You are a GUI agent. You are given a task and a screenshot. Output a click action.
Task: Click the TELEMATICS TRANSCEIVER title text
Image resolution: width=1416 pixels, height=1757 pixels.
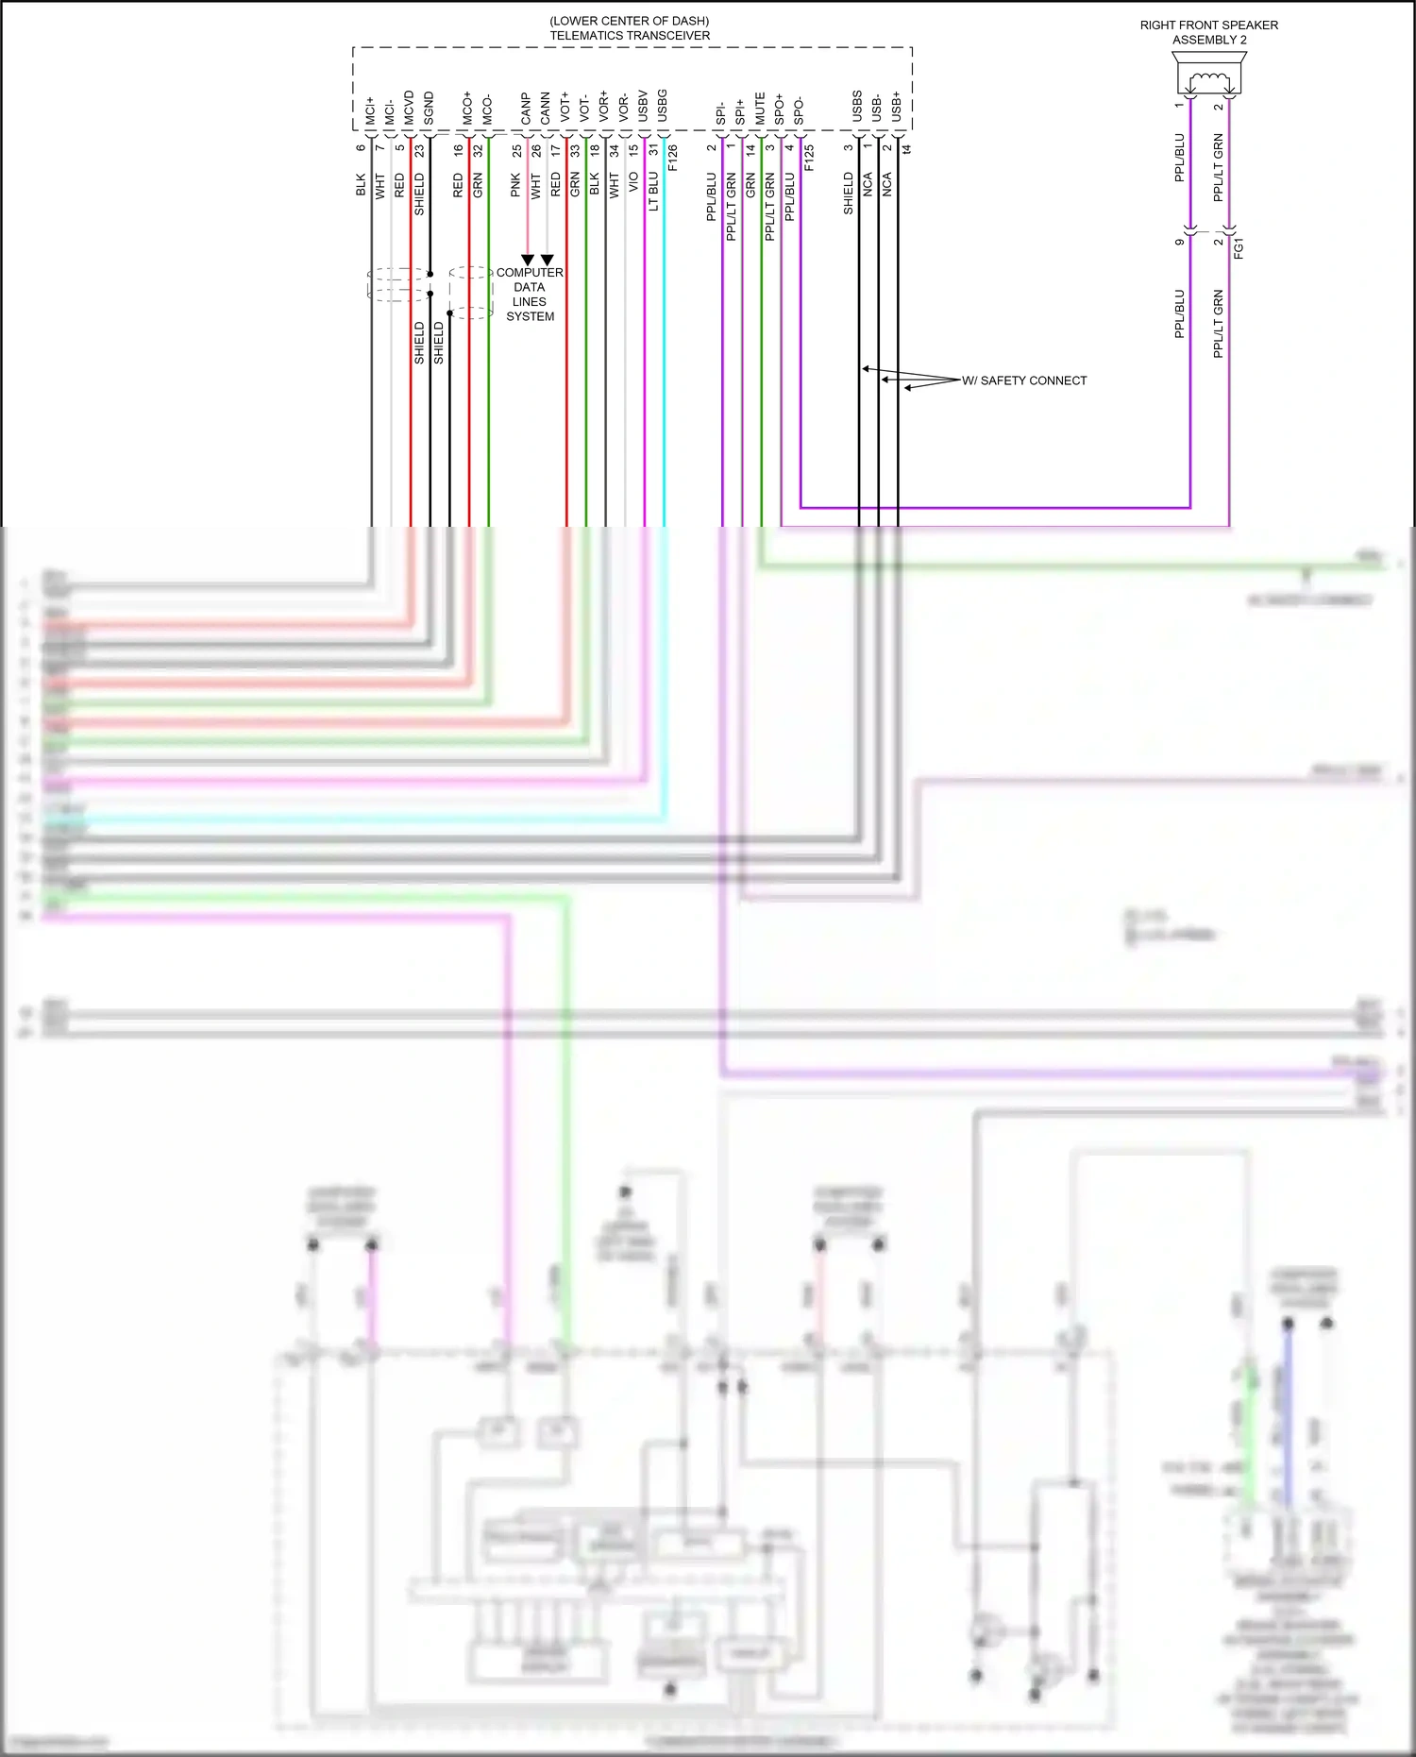coord(630,36)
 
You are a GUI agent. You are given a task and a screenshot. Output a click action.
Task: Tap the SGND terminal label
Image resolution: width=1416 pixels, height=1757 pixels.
coord(429,108)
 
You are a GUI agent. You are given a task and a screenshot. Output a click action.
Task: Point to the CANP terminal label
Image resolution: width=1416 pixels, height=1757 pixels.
coord(526,108)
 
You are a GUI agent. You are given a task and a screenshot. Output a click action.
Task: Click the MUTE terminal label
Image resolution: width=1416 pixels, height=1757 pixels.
coord(760,108)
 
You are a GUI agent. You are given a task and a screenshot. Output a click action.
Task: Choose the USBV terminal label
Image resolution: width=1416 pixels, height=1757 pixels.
coord(643,106)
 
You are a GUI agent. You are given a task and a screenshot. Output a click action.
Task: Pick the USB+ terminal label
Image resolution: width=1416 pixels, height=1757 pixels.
coord(896,106)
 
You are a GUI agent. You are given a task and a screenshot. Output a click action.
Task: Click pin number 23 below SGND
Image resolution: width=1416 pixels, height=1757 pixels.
coord(419,149)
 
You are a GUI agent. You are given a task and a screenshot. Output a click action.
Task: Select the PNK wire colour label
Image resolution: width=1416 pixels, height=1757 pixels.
coord(515,185)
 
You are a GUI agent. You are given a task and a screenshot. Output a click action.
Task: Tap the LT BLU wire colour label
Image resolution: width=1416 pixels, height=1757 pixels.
coord(653,192)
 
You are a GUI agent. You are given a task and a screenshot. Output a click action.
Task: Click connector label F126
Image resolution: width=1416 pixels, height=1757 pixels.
coord(673,157)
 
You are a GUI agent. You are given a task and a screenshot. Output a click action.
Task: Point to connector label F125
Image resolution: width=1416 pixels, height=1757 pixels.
coord(809,157)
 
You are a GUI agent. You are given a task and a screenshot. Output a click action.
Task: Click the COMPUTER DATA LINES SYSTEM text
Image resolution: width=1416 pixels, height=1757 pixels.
coord(530,295)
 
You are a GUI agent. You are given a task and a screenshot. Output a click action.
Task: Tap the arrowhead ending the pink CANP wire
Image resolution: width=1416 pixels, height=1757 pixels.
coord(528,260)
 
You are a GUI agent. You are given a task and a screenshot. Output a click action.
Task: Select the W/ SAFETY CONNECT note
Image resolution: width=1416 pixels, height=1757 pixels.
coord(1024,380)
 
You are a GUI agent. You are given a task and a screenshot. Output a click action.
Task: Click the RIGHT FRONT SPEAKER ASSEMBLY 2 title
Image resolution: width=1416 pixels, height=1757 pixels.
coord(1208,32)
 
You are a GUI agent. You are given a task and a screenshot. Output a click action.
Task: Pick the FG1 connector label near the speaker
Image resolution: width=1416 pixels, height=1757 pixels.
coord(1239,248)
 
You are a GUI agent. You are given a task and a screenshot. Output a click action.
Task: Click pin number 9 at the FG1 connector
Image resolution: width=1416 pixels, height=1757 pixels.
coord(1179,242)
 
